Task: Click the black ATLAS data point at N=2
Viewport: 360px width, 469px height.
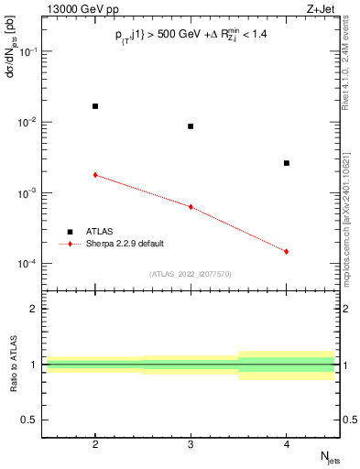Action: (x=95, y=106)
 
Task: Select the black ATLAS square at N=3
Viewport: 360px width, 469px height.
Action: (x=191, y=126)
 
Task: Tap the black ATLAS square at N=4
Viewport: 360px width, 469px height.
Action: (x=287, y=163)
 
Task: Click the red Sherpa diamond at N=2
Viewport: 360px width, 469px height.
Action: (x=95, y=174)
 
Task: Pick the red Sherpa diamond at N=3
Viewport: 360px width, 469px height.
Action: (x=191, y=207)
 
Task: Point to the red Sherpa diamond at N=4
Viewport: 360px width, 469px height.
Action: (x=287, y=251)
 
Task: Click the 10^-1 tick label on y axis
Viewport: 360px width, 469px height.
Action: (x=29, y=52)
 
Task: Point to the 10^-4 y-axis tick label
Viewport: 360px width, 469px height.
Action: (x=29, y=264)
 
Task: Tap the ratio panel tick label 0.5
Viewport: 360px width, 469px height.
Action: (x=32, y=420)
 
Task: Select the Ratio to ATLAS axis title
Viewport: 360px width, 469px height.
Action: (x=12, y=364)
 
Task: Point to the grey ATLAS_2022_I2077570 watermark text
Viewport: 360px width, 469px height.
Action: (x=191, y=273)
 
